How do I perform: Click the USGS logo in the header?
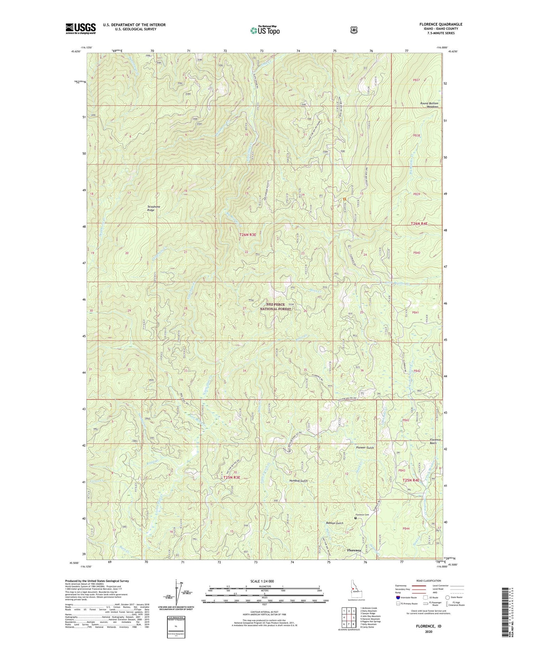[x=80, y=28]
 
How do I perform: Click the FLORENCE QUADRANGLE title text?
[x=441, y=25]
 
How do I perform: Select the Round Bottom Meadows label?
[x=429, y=105]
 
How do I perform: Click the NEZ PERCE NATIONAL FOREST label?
[x=275, y=307]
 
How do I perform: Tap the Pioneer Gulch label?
[x=365, y=448]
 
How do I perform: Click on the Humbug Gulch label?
[x=298, y=481]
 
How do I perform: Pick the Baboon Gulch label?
[x=335, y=523]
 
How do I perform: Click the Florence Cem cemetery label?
[x=362, y=515]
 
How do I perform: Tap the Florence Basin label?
[x=435, y=442]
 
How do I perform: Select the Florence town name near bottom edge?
[x=354, y=550]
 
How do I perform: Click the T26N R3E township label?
[x=248, y=235]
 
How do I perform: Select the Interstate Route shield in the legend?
[x=398, y=597]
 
